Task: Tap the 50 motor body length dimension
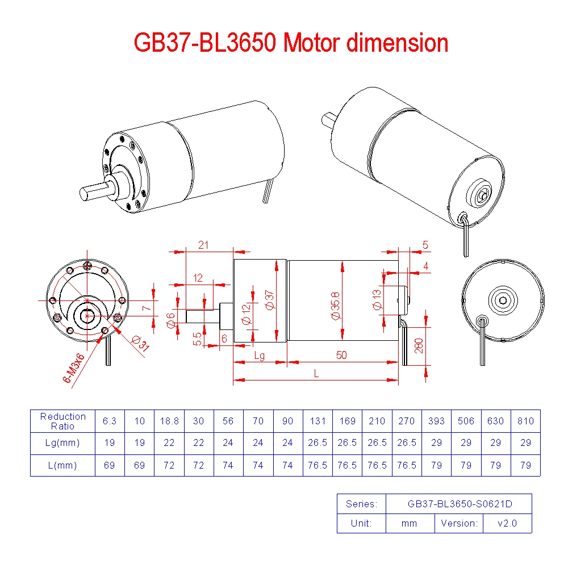click(x=341, y=355)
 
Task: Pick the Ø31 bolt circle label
click(x=140, y=343)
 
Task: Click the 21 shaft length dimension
click(x=203, y=245)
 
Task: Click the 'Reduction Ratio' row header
click(x=63, y=421)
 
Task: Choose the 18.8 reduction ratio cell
click(x=169, y=421)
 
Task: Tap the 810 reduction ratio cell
click(x=525, y=421)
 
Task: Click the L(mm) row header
click(x=63, y=465)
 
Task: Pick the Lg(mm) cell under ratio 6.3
click(x=110, y=443)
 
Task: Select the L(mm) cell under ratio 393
click(x=436, y=465)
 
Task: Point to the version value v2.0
click(x=507, y=523)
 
